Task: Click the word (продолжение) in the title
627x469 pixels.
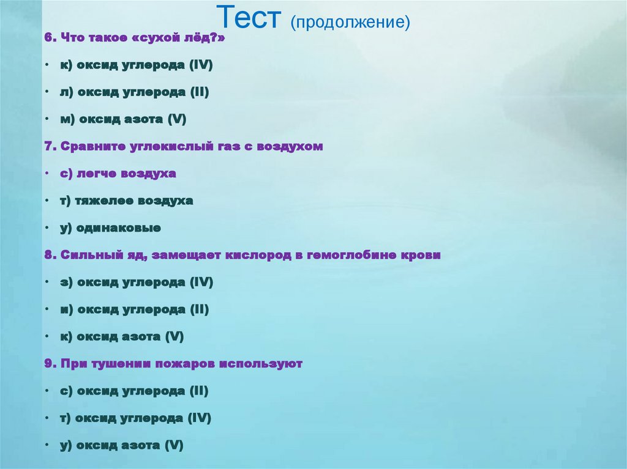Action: pyautogui.click(x=350, y=23)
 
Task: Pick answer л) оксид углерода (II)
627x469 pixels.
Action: pyautogui.click(x=135, y=92)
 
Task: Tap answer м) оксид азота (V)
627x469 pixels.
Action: pyautogui.click(x=122, y=120)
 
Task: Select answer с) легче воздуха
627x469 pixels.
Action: pyautogui.click(x=118, y=174)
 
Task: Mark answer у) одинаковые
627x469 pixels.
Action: pyautogui.click(x=110, y=228)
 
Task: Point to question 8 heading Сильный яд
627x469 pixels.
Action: pyautogui.click(x=242, y=255)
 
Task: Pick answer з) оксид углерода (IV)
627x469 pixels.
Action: pyautogui.click(x=136, y=283)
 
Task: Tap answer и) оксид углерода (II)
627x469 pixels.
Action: pyautogui.click(x=135, y=309)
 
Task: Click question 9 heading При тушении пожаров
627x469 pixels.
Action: pyautogui.click(x=173, y=364)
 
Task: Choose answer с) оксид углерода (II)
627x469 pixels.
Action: pyautogui.click(x=134, y=391)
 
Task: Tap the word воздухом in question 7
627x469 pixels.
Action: pyautogui.click(x=290, y=147)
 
